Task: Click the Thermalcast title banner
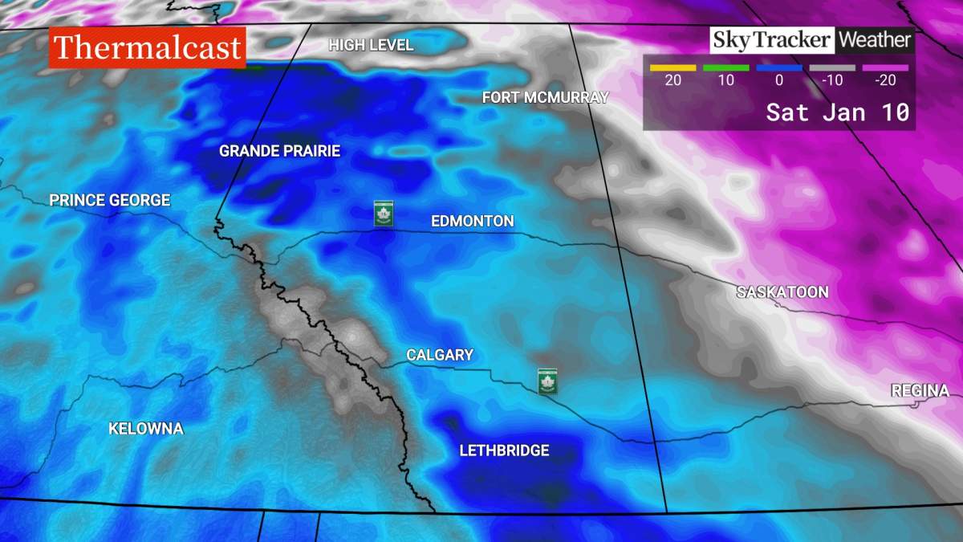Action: click(x=148, y=48)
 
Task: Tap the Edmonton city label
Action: click(x=472, y=221)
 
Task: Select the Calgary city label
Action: click(x=440, y=355)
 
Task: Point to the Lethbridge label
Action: click(x=504, y=450)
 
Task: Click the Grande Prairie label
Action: click(x=279, y=151)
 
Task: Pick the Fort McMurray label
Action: click(x=545, y=97)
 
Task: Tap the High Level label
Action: click(x=371, y=45)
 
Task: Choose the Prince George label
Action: click(x=110, y=200)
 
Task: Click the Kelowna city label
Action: click(x=146, y=429)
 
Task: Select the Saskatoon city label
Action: click(x=782, y=292)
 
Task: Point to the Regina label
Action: click(x=920, y=391)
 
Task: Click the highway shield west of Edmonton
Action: click(x=384, y=214)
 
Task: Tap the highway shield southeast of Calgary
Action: click(x=548, y=381)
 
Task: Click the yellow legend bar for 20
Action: click(x=672, y=68)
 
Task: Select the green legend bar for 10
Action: click(x=725, y=68)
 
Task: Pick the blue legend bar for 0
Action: click(x=778, y=68)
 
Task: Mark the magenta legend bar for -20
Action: click(x=885, y=68)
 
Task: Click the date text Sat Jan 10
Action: click(x=837, y=112)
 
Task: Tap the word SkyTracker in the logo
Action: click(x=772, y=39)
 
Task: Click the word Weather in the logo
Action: click(x=875, y=39)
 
